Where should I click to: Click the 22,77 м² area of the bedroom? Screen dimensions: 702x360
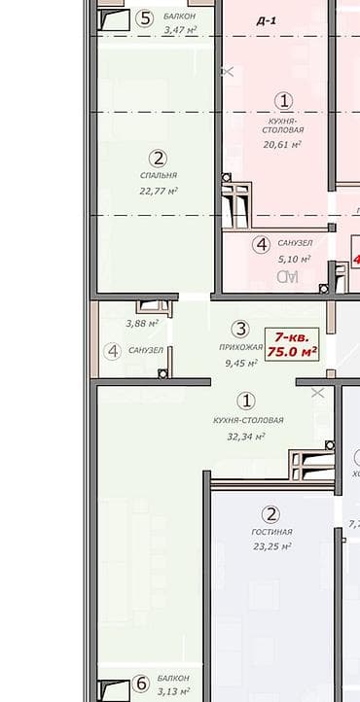coord(159,191)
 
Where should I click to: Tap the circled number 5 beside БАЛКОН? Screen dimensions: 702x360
coord(145,18)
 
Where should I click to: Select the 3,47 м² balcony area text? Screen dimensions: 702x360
coord(179,30)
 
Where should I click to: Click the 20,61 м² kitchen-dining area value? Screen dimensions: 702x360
coord(282,144)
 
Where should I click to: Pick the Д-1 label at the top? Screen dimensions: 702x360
coord(266,19)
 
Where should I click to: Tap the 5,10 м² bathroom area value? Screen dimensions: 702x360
coord(294,259)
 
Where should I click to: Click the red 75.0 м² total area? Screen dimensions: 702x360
coord(293,351)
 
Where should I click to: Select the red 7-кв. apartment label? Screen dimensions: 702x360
coord(293,333)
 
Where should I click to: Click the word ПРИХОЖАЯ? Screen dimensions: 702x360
coord(240,347)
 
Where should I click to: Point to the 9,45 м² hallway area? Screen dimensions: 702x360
coord(240,363)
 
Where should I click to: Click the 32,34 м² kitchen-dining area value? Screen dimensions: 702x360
coord(247,437)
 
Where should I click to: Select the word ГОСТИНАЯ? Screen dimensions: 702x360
coord(272,532)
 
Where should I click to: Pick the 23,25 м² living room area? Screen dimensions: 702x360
coord(272,547)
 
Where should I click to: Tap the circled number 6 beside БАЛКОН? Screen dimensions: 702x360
coord(141,684)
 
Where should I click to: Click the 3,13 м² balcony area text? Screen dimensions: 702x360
coord(176,690)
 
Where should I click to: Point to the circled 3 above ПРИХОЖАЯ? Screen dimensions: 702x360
coord(241,330)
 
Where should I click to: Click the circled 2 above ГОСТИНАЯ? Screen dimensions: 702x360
coord(272,514)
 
